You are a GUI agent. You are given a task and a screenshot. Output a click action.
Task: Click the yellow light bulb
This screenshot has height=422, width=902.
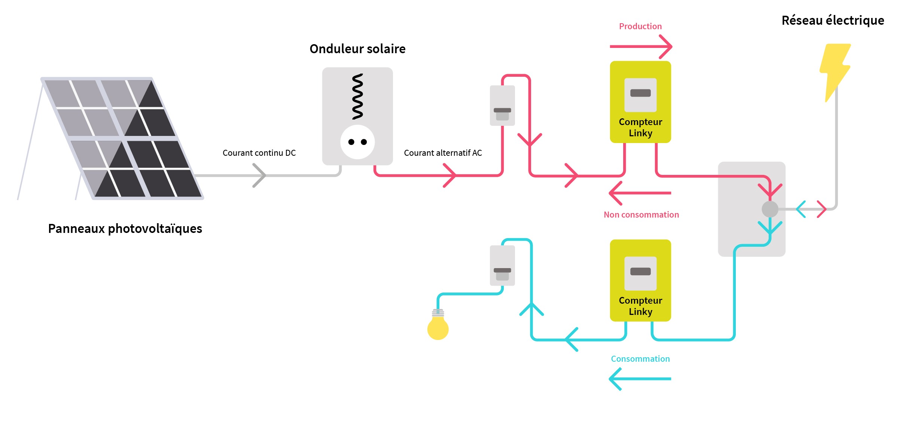tap(438, 327)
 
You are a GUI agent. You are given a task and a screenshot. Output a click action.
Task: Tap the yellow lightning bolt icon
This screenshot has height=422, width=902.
tap(834, 69)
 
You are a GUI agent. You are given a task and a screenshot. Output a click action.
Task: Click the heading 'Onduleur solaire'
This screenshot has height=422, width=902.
tap(357, 49)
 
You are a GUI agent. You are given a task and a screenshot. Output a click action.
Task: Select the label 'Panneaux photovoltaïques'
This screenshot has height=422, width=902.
tap(125, 228)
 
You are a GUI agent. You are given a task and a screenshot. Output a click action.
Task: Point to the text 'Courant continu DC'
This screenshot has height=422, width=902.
tap(259, 153)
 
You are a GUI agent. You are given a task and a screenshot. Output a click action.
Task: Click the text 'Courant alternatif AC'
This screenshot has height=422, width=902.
tap(443, 153)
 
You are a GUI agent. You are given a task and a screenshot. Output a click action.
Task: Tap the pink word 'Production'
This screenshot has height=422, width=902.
tap(640, 26)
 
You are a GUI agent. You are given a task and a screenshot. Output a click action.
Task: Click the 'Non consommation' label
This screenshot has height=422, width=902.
tap(641, 215)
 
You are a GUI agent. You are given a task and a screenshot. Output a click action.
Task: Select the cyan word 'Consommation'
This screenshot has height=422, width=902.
tap(640, 359)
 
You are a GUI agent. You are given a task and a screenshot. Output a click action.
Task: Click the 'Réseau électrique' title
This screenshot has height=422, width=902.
tap(833, 20)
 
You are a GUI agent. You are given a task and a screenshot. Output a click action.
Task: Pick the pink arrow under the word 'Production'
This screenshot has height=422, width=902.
tap(641, 47)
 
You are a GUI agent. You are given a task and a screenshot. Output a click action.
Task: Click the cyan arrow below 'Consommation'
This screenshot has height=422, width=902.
tap(640, 379)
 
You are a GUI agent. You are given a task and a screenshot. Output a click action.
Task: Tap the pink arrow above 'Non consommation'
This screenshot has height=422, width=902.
tap(640, 193)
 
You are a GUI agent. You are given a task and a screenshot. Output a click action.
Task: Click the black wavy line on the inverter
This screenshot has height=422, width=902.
tap(357, 96)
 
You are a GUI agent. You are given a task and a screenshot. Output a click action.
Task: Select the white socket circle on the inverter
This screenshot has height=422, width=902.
tap(357, 142)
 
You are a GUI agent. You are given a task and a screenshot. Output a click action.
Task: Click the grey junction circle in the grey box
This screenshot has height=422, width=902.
tap(770, 209)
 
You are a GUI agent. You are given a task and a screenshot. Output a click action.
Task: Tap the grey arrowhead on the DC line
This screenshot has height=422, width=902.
tap(259, 175)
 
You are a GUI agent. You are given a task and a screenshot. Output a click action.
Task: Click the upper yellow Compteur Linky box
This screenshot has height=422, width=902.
tap(640, 102)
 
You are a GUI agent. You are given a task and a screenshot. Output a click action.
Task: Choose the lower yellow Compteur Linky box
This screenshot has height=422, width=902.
tap(640, 280)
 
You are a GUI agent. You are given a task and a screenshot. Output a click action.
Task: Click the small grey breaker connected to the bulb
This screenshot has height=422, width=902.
tap(502, 265)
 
